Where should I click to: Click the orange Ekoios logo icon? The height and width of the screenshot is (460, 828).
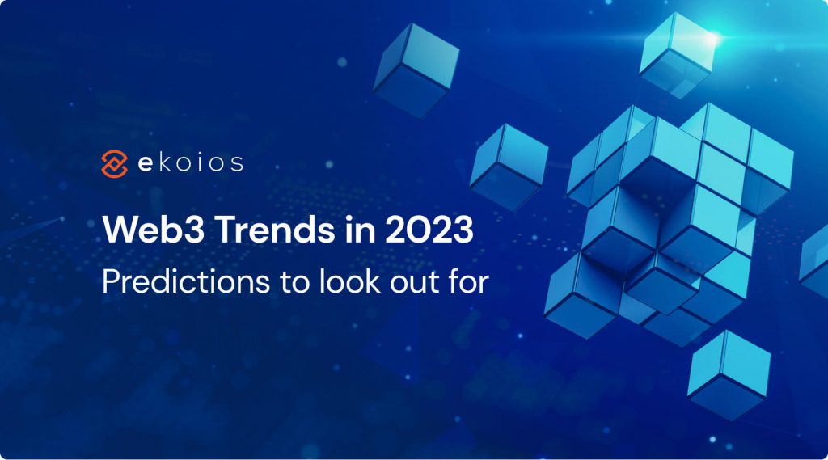pos(114,164)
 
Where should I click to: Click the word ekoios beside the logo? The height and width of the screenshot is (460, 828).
pos(191,162)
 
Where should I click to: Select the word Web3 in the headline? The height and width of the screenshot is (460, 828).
pos(154,230)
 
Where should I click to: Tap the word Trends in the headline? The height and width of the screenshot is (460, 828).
pos(276,230)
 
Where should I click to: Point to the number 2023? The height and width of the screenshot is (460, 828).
pos(429,230)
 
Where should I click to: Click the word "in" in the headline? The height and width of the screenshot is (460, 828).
pos(361,230)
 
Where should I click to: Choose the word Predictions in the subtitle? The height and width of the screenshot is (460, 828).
pos(186,281)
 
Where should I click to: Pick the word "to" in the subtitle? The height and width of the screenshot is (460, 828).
pos(294,283)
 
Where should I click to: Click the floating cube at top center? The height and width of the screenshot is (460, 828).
pos(416,70)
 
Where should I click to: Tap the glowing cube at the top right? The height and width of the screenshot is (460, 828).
pos(678,55)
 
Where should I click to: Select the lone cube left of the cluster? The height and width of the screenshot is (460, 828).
pos(508,167)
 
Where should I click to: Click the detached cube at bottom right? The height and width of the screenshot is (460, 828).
pos(729,375)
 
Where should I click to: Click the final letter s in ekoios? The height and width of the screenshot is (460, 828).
pos(237,164)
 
